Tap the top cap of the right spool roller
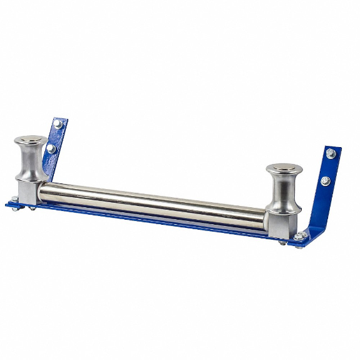tap(284, 169)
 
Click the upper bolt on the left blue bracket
tap(58, 125)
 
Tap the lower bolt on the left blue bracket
tap(51, 149)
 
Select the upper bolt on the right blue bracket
tap(331, 154)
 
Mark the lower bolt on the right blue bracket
tap(326, 181)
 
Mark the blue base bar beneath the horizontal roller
tap(157, 221)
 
